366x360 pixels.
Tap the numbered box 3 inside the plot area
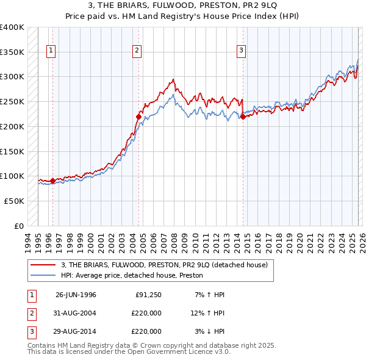click(x=242, y=51)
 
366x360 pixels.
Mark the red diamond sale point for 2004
click(x=138, y=116)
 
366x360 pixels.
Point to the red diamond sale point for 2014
click(x=243, y=117)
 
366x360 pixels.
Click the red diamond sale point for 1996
click(x=52, y=181)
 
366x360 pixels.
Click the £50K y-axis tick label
click(x=14, y=201)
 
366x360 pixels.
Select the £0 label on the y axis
click(x=20, y=226)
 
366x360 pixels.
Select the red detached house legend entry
click(x=163, y=265)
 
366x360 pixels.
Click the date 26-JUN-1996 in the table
click(x=76, y=295)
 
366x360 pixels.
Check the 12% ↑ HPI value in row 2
click(x=207, y=313)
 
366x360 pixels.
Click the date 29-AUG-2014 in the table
click(x=76, y=331)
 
